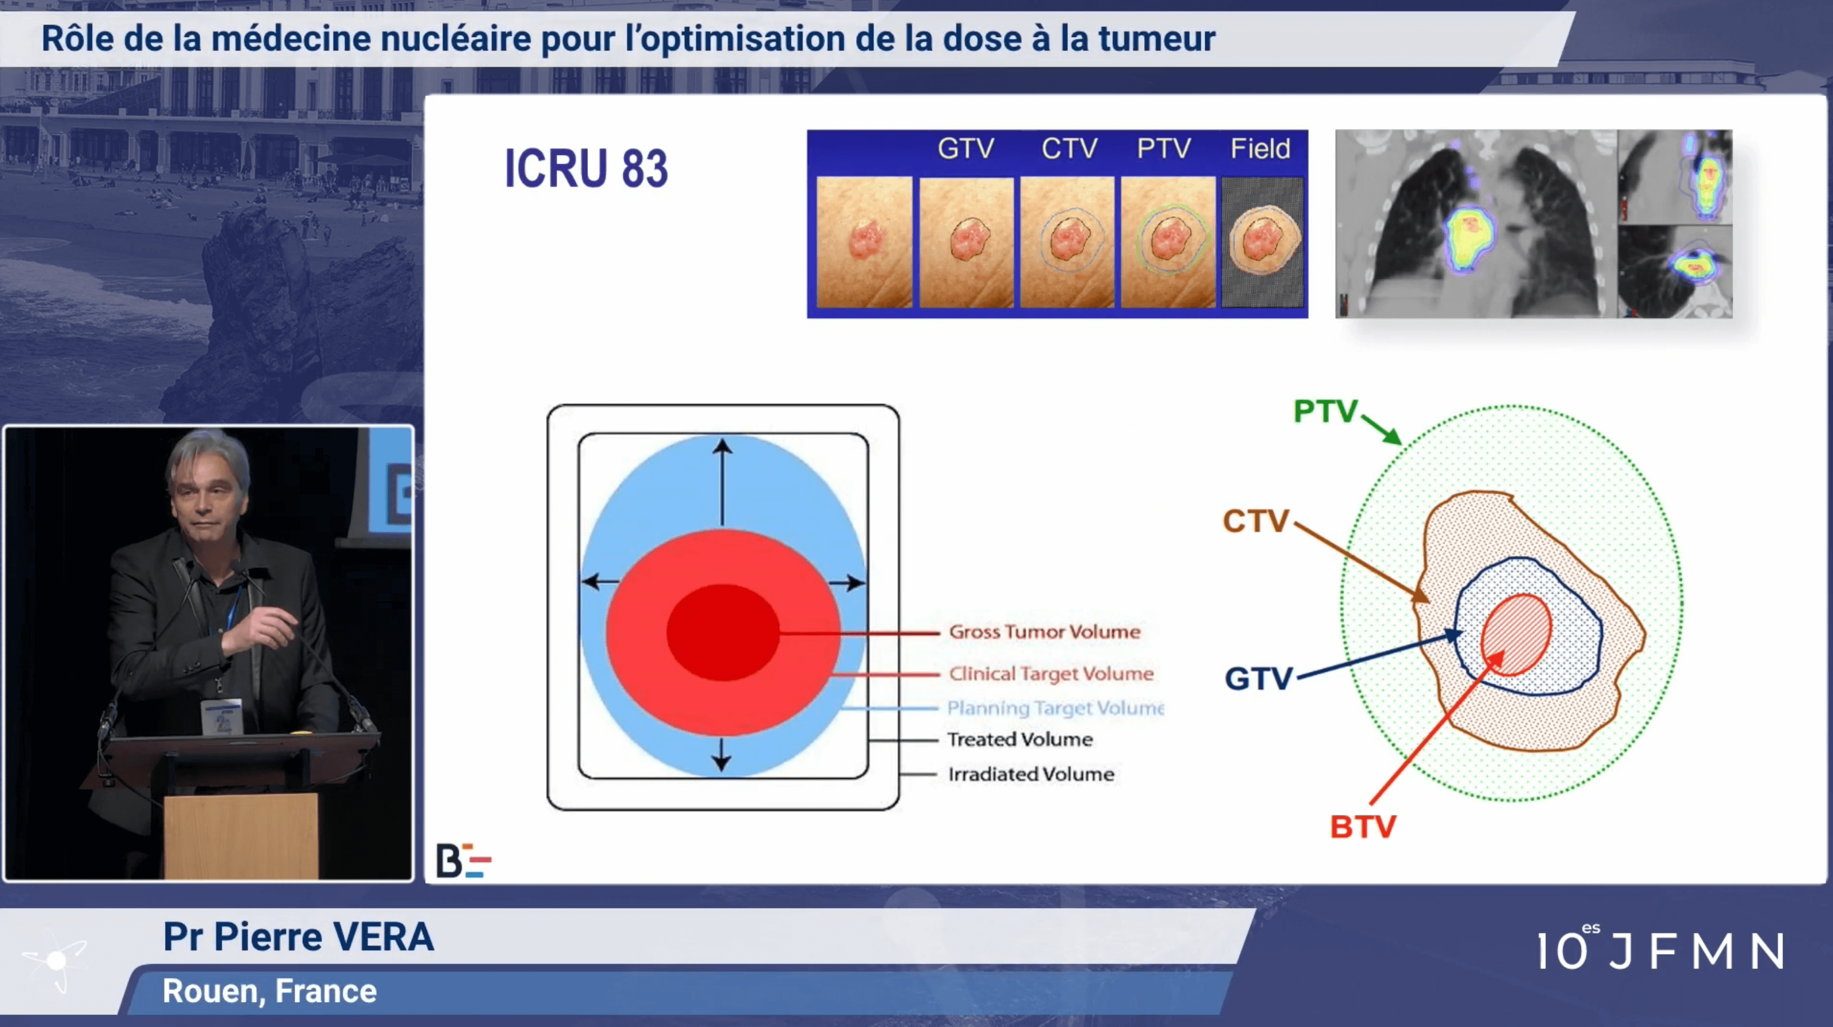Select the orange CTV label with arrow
[x=1256, y=521]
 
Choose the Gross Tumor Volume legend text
[x=1045, y=631]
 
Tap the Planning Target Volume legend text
[x=1055, y=707]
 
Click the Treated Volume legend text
[x=1020, y=739]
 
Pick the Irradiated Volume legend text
[x=1031, y=774]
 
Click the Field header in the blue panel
[x=1260, y=148]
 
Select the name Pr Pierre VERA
[x=298, y=936]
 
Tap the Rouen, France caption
[x=270, y=990]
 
